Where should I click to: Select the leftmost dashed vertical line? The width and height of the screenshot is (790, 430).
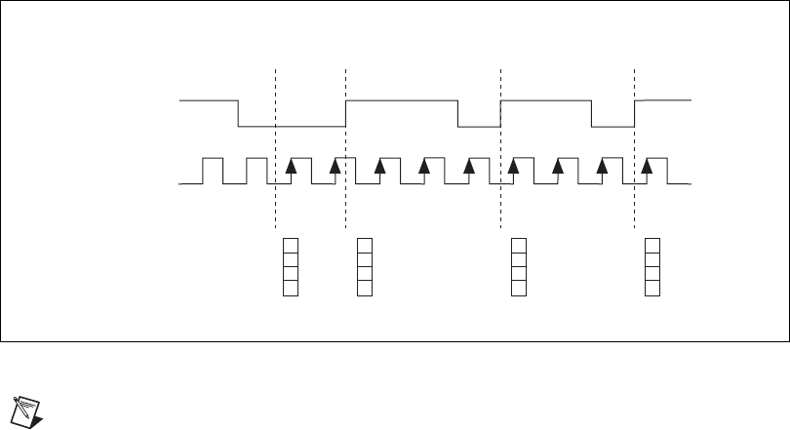coord(277,215)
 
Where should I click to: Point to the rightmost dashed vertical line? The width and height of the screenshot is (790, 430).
coord(635,215)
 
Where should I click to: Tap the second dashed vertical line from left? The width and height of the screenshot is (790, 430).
coord(346,215)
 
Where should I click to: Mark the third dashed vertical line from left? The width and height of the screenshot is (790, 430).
coord(499,215)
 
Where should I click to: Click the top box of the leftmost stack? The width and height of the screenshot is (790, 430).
coord(290,244)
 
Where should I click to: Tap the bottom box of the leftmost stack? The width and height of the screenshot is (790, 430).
coord(290,288)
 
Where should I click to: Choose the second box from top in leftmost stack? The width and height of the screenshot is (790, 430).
coord(290,258)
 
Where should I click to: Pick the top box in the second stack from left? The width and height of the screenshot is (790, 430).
coord(364,244)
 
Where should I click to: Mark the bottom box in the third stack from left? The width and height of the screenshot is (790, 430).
coord(518,288)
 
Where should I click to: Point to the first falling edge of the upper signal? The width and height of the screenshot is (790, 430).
coord(240,113)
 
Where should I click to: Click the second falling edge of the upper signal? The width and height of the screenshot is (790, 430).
coord(458,113)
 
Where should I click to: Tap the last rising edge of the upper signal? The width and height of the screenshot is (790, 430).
coord(635,113)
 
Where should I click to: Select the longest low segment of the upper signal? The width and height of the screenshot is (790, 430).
coord(293,127)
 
